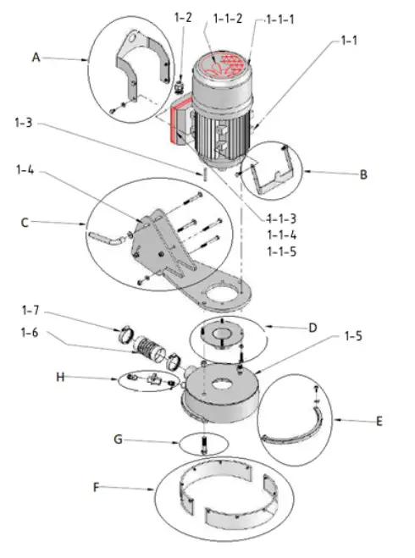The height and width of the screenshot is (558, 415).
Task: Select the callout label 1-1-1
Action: pos(280,19)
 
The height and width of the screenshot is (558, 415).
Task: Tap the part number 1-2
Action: pos(183,17)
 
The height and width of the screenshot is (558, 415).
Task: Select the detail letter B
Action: pos(364,176)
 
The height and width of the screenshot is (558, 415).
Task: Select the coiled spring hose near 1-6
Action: pos(153,348)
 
